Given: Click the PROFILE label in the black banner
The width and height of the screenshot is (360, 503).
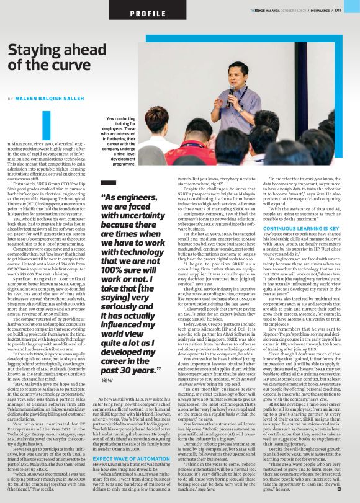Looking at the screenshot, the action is (x=130, y=12).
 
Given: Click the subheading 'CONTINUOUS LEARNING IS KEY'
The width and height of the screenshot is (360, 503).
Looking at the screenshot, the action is (x=301, y=228).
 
